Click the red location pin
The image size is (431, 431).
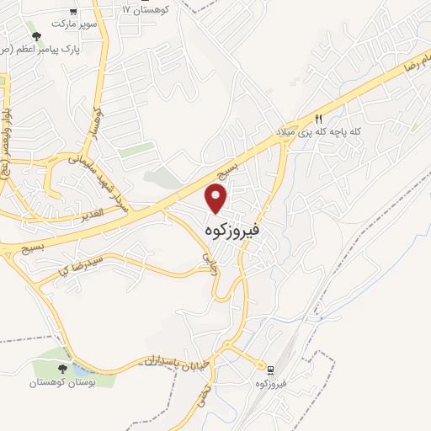[x=217, y=199]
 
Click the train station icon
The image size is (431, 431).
[x=270, y=370]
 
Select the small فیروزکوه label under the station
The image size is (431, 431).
[x=270, y=384]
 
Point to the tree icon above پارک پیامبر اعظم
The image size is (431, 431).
[x=35, y=36]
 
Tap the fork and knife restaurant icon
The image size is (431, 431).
[x=318, y=119]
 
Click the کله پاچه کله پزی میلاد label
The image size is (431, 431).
[x=318, y=132]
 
